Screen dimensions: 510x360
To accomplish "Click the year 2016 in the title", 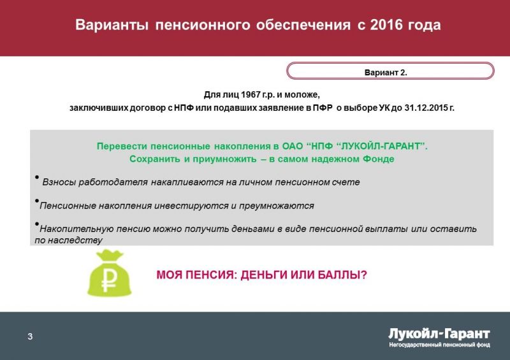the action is [x=386, y=25].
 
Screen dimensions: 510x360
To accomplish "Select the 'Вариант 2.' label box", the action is [x=390, y=71].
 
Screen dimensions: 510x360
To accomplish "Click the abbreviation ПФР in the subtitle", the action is [x=323, y=108].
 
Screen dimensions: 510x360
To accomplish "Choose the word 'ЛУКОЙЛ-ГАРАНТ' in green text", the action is [x=380, y=146].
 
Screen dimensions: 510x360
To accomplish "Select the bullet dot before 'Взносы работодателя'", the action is [x=37, y=177].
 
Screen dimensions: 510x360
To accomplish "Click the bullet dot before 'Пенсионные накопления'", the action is [x=37, y=201].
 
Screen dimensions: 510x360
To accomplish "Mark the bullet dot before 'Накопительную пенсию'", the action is [x=37, y=224].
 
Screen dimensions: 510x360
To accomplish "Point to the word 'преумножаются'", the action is [x=277, y=206].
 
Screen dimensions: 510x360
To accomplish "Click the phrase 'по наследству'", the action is [x=68, y=240].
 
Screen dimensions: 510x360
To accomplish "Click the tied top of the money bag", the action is [x=110, y=255].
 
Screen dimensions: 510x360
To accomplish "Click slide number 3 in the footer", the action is [x=30, y=336].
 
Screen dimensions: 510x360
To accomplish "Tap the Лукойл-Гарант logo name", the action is [x=439, y=334].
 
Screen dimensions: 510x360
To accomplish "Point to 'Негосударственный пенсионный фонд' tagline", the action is [x=439, y=345].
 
